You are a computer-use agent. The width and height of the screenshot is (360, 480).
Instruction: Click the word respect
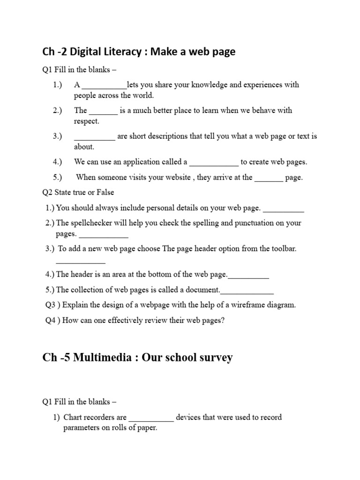(87, 121)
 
